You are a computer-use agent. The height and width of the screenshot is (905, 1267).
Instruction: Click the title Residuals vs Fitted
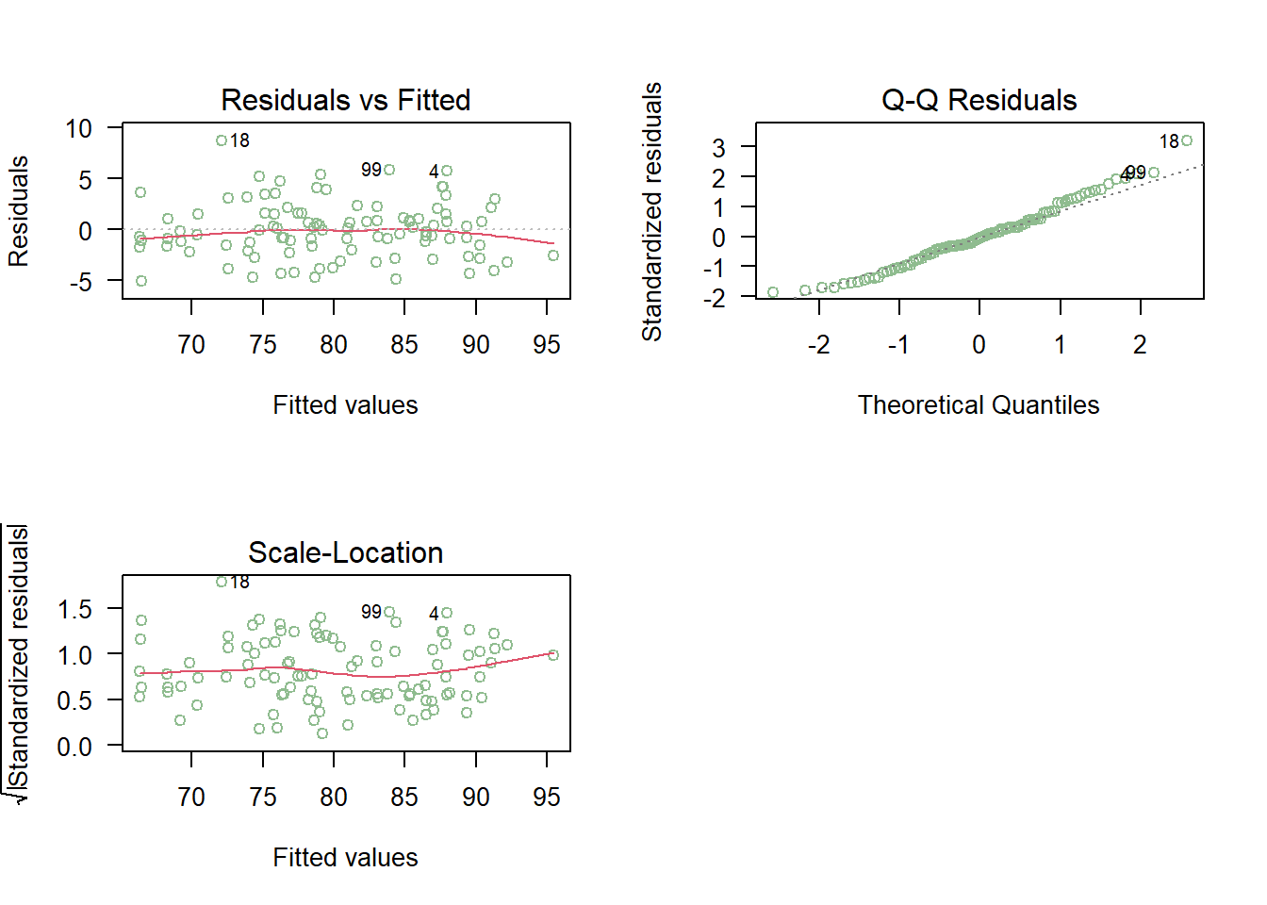(345, 100)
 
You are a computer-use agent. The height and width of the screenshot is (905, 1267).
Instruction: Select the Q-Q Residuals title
(979, 100)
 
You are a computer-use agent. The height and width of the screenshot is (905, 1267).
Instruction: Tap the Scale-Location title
(345, 552)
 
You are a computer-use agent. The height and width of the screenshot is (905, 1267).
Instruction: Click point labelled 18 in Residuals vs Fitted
(222, 140)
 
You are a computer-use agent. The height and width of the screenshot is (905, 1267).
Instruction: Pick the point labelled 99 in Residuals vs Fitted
(389, 170)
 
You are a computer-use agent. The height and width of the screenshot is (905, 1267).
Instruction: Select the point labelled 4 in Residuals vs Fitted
(447, 171)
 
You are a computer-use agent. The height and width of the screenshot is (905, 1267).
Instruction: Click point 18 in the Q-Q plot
(1186, 140)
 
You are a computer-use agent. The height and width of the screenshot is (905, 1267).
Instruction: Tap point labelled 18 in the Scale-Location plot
(222, 582)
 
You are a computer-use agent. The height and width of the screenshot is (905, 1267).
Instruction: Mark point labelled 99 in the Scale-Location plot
(389, 612)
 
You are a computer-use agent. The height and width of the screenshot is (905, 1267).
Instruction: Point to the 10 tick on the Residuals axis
(79, 128)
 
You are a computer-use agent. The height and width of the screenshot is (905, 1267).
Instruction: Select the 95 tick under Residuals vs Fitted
(547, 345)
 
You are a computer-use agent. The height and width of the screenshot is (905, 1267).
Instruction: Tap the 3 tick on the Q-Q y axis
(719, 147)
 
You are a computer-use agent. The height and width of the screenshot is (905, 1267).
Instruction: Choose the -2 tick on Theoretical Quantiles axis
(818, 345)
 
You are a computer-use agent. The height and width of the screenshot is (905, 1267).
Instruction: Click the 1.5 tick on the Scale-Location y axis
(74, 609)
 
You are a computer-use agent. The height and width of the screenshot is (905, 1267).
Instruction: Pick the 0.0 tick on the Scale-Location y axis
(74, 747)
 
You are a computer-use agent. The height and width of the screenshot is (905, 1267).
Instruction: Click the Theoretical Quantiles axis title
(979, 405)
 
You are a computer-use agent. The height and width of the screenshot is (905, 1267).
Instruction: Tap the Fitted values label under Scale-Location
(345, 858)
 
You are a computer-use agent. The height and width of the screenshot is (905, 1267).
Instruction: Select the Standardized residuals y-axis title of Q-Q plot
(651, 211)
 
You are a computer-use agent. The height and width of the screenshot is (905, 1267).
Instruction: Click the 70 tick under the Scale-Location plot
(191, 798)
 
